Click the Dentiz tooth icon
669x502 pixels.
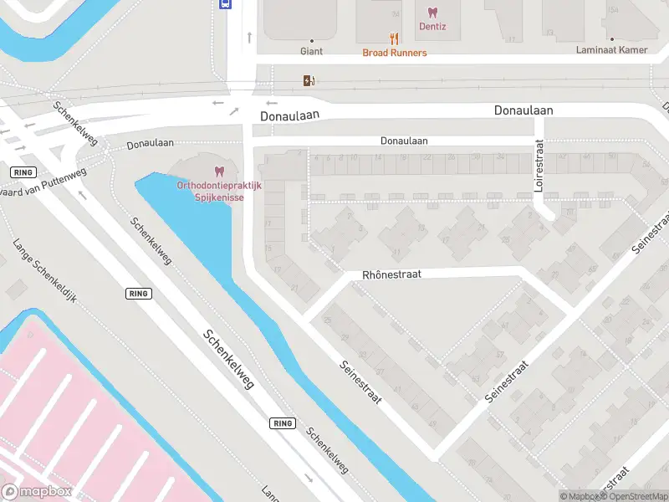[432, 12]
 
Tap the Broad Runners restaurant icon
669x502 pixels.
[394, 38]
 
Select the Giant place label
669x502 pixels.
[311, 51]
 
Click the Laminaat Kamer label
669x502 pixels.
[611, 50]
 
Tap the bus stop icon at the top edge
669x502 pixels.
[225, 3]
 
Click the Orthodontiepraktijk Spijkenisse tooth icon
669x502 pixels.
[220, 171]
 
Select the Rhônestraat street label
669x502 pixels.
[391, 274]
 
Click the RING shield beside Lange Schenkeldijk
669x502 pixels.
[139, 294]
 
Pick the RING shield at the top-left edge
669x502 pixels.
[22, 172]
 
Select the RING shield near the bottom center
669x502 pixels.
[283, 423]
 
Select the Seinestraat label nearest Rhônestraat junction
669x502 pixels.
[360, 382]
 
